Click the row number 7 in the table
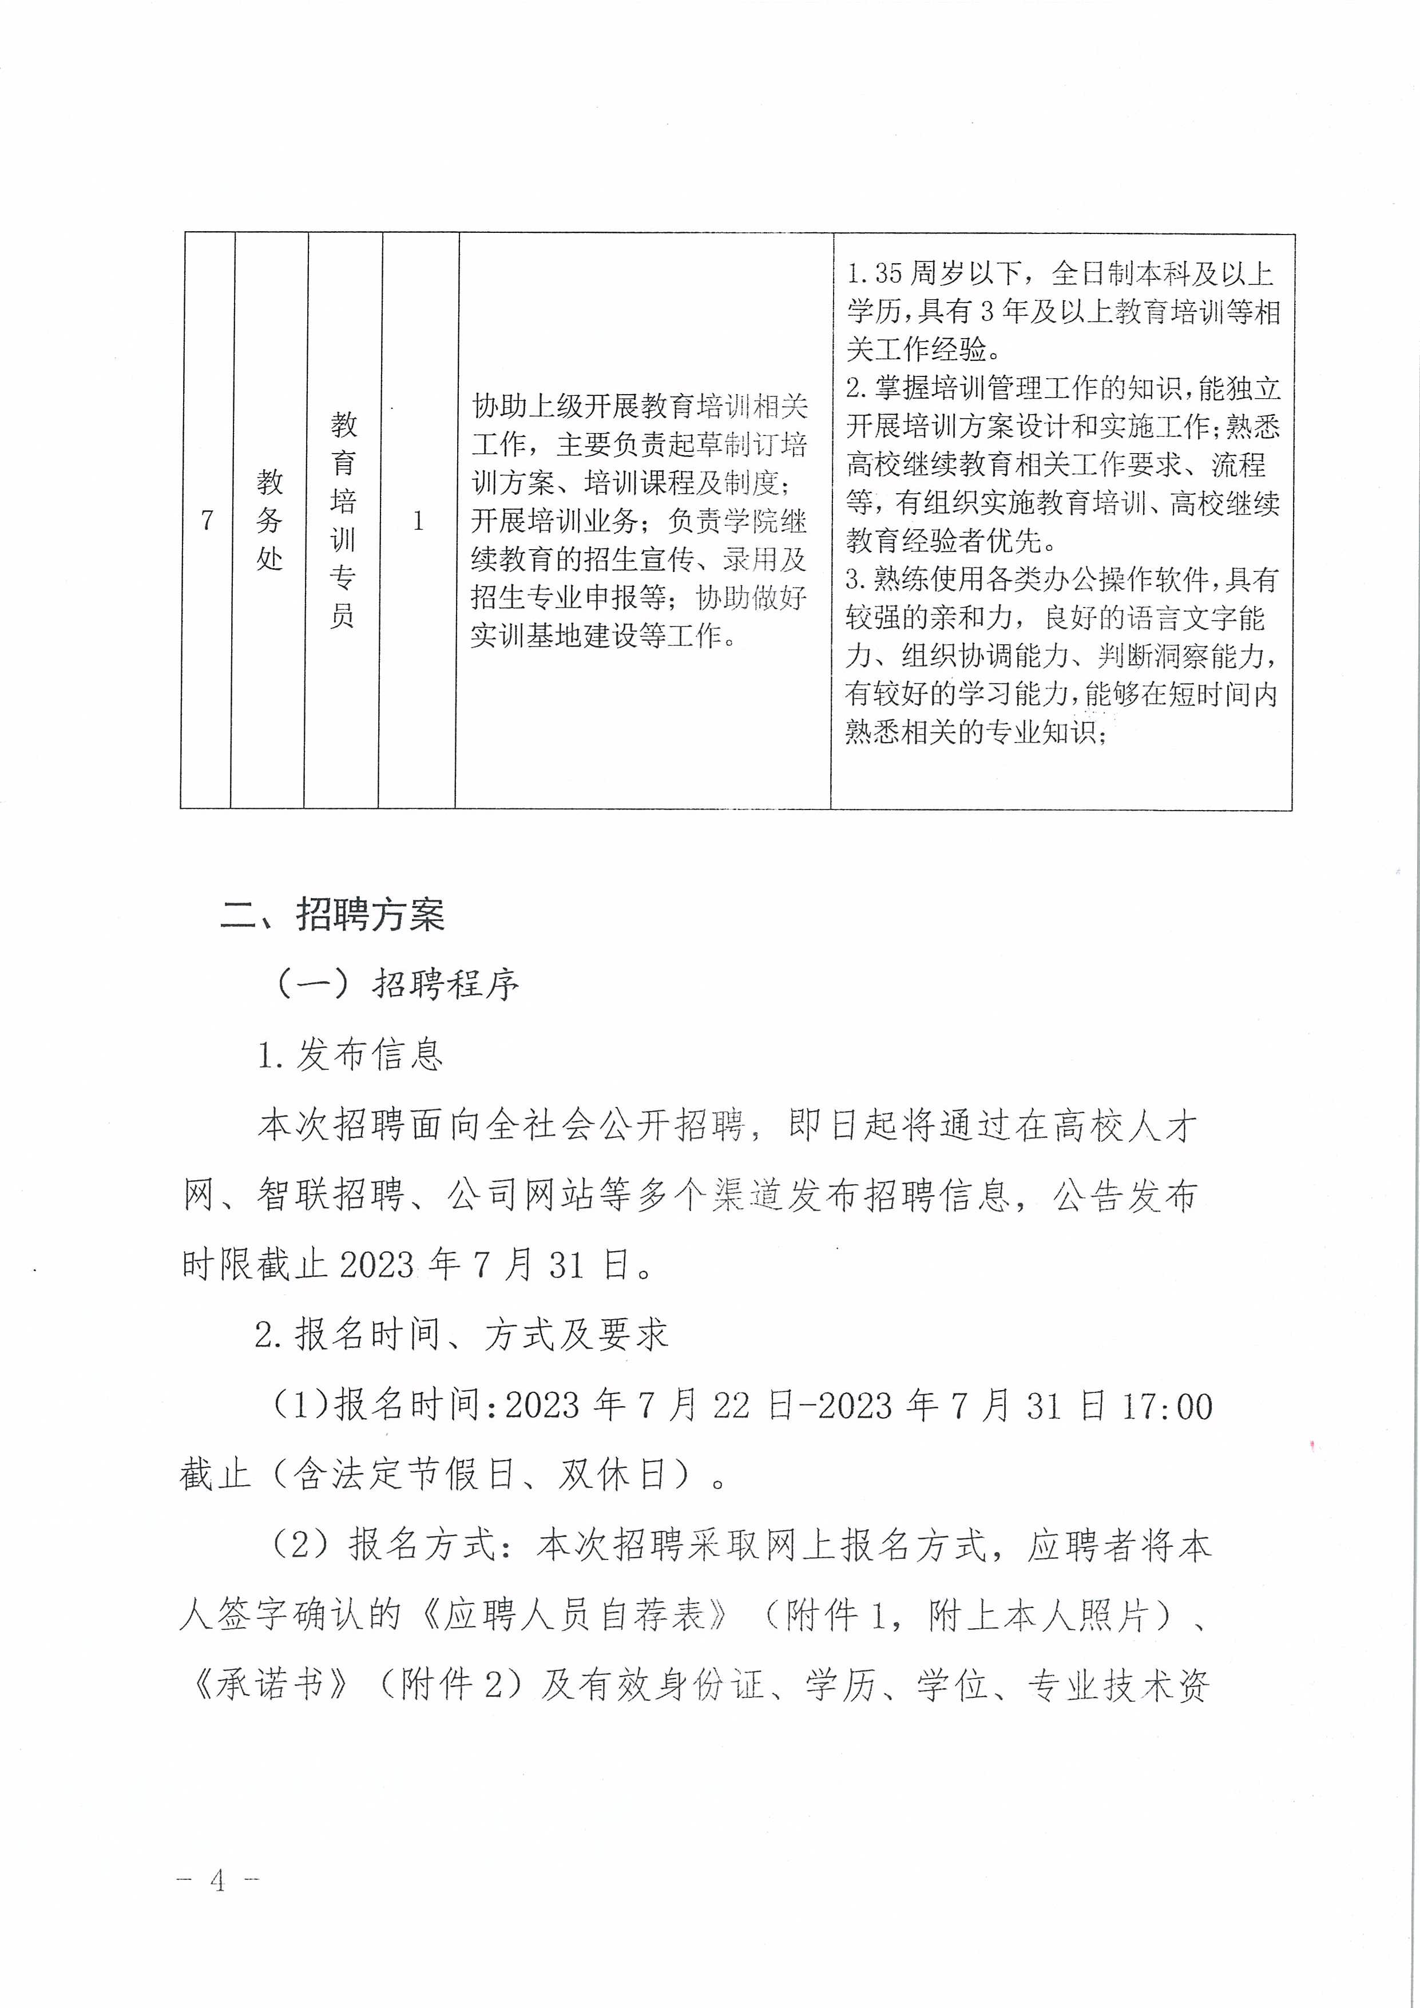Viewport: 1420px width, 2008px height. tap(207, 521)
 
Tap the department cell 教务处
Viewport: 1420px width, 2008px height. tap(269, 519)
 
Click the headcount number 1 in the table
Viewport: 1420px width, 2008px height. tap(418, 521)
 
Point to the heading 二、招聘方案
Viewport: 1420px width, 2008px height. tap(332, 915)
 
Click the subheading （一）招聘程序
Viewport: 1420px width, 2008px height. tap(398, 985)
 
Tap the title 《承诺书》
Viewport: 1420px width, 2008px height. tap(269, 1686)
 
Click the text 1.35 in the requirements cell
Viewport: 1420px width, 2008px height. tap(874, 273)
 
